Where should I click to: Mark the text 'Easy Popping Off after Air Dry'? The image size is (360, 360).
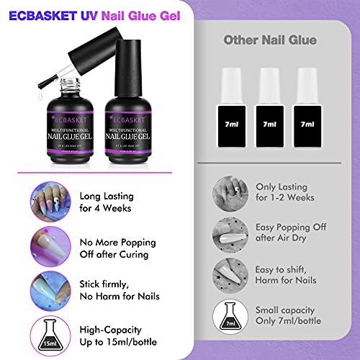(x=291, y=233)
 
